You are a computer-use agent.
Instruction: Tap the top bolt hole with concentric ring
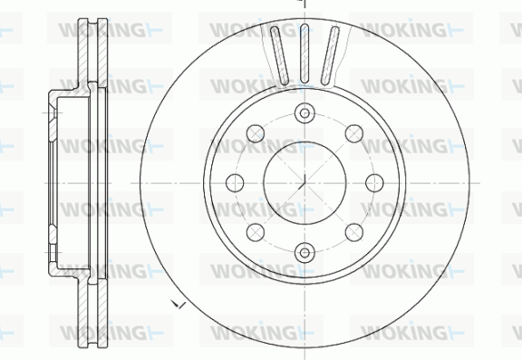pos(304,113)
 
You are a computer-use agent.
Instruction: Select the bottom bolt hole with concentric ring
pos(304,253)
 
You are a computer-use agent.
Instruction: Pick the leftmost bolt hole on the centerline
pos(235,183)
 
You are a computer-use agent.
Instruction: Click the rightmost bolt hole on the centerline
pos(374,183)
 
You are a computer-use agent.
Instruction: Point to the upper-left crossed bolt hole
pos(256,133)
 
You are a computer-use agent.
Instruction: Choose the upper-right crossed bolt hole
pos(353,133)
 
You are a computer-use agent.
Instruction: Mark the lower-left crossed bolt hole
pos(256,232)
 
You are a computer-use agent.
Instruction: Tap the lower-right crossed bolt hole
pos(353,232)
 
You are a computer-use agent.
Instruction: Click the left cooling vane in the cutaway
pos(279,55)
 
